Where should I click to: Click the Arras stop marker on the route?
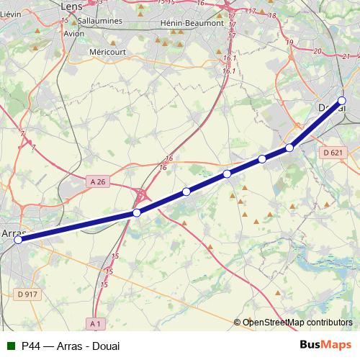tap(18, 240)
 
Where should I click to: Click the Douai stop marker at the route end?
tap(342, 101)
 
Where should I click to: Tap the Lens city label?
tap(72, 6)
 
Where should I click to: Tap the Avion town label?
tap(75, 33)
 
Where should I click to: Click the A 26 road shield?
tap(98, 182)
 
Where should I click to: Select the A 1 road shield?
tap(96, 323)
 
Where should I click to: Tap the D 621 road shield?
tap(333, 153)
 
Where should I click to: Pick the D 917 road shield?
tap(27, 294)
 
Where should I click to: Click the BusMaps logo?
tap(325, 346)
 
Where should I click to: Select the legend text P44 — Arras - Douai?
tap(71, 346)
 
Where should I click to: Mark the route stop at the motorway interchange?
tap(136, 212)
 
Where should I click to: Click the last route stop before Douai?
tap(289, 148)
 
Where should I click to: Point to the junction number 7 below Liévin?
tap(32, 147)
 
